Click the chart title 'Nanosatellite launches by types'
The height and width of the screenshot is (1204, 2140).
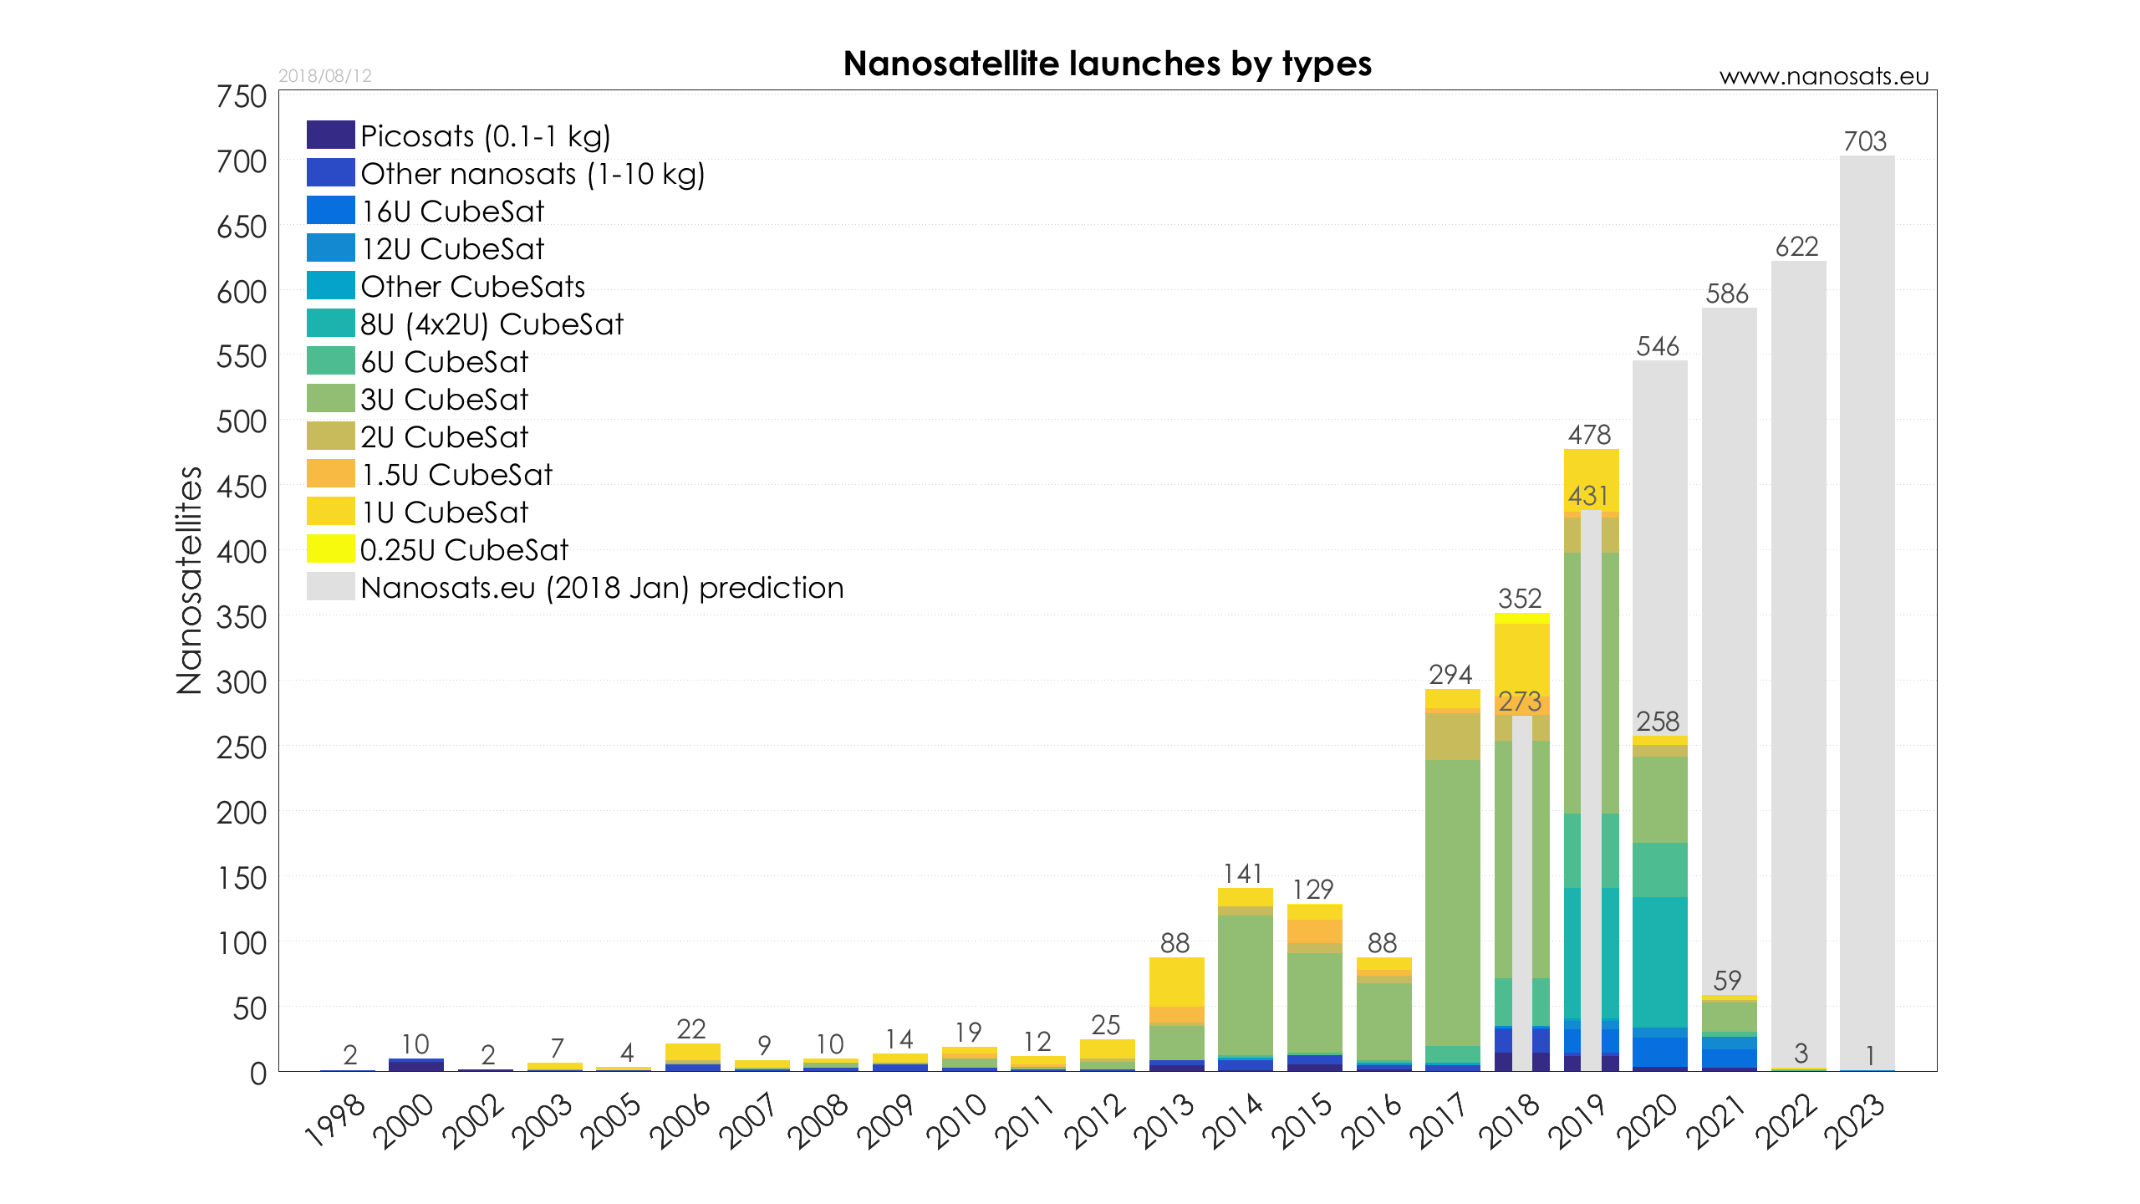(1107, 64)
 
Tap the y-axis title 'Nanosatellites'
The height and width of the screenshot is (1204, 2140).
(190, 580)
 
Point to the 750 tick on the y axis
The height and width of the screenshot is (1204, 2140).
(242, 97)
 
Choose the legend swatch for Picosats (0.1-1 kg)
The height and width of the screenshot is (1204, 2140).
(330, 135)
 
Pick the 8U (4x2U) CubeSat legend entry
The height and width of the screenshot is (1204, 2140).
(492, 324)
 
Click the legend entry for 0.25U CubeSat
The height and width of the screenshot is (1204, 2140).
(464, 550)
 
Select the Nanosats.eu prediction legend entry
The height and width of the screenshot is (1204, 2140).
(602, 588)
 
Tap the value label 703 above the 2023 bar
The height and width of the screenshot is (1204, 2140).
(1865, 141)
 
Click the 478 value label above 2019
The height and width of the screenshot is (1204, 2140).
(1589, 435)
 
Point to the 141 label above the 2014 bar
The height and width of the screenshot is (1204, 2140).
(1243, 874)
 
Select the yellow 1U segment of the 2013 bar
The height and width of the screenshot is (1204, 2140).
(1176, 982)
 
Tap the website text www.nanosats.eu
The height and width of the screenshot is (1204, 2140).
(1823, 77)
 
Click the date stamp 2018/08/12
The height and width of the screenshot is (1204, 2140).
(324, 76)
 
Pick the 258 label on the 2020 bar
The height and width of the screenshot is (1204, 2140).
(1658, 722)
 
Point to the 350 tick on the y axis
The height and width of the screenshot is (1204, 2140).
(242, 618)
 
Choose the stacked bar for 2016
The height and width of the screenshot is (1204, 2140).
(1383, 1020)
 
